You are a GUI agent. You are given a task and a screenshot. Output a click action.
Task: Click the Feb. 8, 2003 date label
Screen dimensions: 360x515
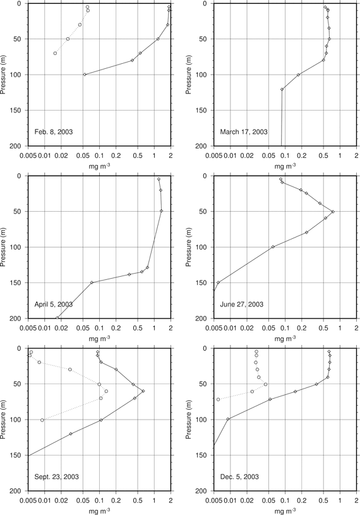[x=54, y=132]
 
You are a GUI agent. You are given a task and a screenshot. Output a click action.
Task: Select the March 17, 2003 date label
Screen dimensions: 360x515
[x=244, y=132]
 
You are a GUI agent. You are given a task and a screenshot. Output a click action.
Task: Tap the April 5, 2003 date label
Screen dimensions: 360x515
[x=54, y=305]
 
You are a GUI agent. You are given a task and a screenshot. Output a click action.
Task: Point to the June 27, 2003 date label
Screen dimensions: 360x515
[x=241, y=305]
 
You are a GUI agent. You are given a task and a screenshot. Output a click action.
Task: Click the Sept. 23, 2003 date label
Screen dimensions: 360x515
[x=56, y=476]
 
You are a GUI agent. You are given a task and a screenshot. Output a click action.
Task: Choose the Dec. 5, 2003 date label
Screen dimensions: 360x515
[x=239, y=476]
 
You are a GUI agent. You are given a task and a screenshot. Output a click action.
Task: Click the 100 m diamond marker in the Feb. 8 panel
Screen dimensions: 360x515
[x=85, y=75]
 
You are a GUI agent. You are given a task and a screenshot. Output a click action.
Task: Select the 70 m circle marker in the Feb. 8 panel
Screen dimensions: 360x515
[x=55, y=53]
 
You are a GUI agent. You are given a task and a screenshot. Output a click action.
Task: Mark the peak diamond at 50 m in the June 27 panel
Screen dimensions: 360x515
[x=333, y=212]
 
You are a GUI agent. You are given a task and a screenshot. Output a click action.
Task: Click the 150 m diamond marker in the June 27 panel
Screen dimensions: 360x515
[x=219, y=282]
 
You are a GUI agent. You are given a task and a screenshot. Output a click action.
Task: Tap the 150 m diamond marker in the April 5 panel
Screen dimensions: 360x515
[x=92, y=282]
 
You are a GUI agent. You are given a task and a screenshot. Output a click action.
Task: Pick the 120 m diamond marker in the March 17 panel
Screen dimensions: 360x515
[x=282, y=89]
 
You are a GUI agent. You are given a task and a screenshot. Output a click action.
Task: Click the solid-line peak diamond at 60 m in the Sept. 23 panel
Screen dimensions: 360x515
[x=143, y=391]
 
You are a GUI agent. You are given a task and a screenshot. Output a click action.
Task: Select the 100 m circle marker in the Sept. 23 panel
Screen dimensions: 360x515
[x=42, y=420]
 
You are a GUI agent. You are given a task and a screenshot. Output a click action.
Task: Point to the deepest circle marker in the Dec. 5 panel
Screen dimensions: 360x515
[x=219, y=399]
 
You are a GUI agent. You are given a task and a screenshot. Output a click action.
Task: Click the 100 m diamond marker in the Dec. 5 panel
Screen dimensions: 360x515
[x=228, y=419]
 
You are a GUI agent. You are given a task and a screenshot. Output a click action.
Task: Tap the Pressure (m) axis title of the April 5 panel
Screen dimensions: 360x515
[x=4, y=247]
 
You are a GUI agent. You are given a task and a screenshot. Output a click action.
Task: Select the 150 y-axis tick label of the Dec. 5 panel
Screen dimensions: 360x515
[x=205, y=455]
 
